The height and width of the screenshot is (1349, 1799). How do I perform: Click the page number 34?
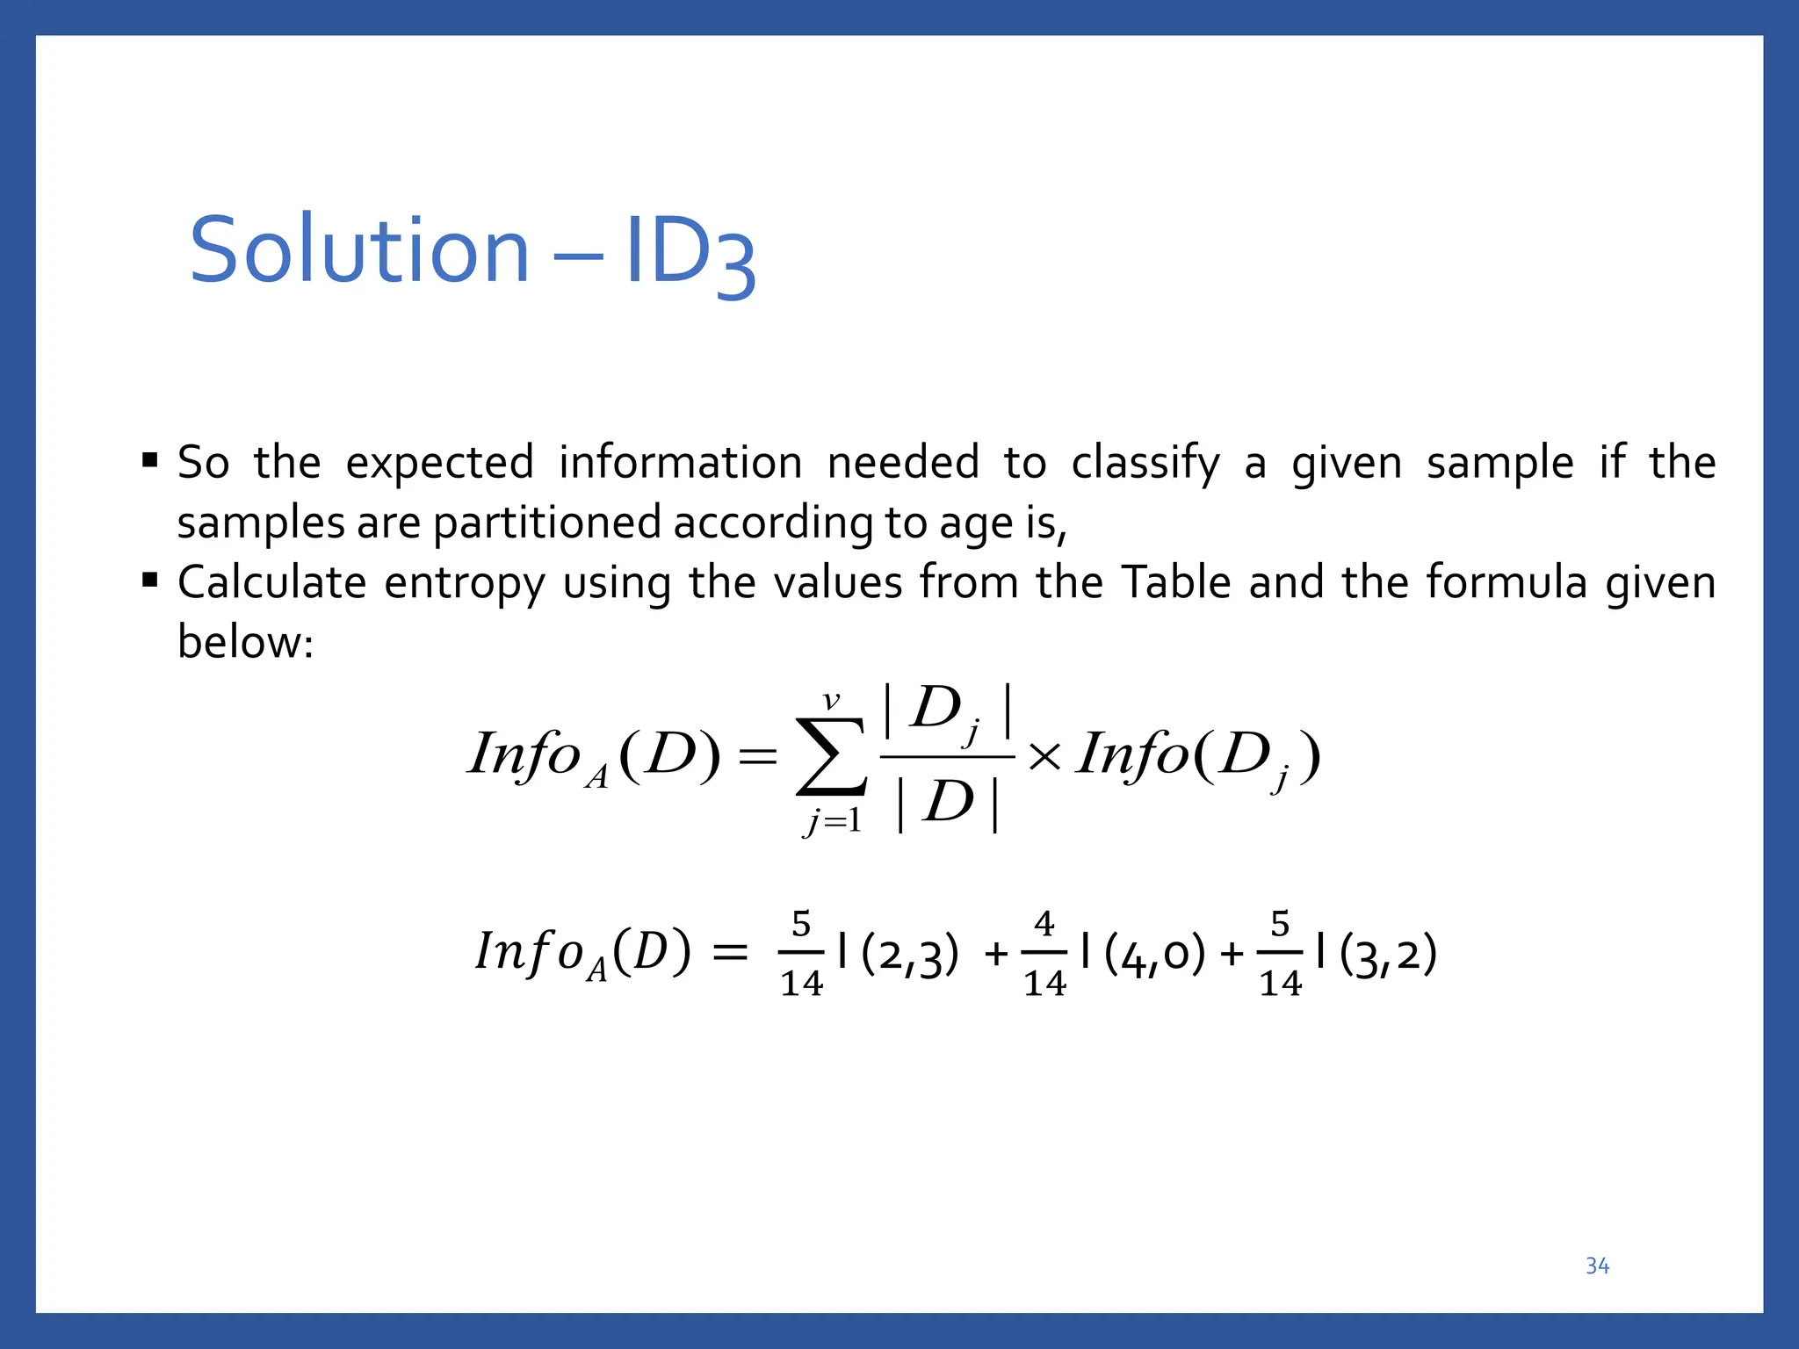1597,1266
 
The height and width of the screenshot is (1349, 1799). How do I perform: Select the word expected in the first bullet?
439,463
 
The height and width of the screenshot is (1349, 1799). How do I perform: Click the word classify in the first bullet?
1145,463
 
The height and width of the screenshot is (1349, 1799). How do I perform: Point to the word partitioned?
547,523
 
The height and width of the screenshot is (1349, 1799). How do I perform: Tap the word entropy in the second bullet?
464,583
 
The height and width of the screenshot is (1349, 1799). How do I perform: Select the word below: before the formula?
245,642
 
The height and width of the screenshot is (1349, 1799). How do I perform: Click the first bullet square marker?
150,459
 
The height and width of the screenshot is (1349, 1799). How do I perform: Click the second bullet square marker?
150,580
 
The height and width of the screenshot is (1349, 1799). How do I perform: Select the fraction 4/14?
1044,954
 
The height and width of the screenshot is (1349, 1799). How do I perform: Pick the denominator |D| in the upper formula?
947,802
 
